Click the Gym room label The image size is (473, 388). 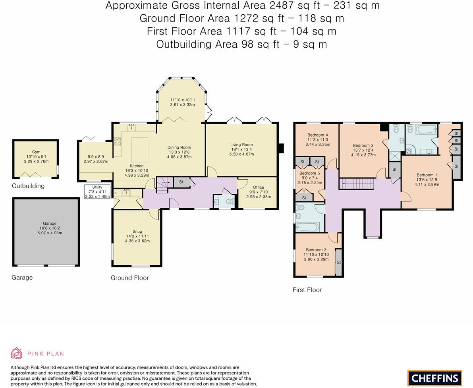point(36,152)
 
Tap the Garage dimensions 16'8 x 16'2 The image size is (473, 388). point(50,228)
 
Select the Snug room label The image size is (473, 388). point(137,232)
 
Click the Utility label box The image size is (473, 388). point(97,191)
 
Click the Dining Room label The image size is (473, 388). point(179,147)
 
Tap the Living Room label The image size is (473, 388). point(241,145)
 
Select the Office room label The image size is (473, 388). point(258,187)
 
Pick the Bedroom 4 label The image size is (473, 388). point(317,135)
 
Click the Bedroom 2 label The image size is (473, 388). point(363,145)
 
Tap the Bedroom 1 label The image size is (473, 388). point(427,175)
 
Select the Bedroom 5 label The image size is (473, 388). point(309,173)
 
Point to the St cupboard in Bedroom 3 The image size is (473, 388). point(339,262)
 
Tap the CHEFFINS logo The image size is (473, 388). point(434,378)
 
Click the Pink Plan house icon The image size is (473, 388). point(17,353)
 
